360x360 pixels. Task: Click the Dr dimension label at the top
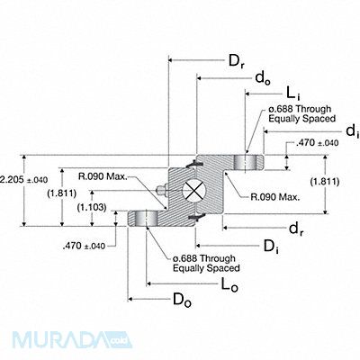point(236,62)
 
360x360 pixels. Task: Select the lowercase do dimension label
point(263,78)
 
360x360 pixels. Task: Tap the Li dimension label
point(293,94)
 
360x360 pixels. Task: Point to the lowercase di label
point(353,131)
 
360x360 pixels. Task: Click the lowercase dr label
point(296,229)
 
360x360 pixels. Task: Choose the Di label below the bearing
point(271,247)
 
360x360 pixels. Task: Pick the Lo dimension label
point(229,284)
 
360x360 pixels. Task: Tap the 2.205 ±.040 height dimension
point(24,180)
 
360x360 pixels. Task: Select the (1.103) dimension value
point(92,207)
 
